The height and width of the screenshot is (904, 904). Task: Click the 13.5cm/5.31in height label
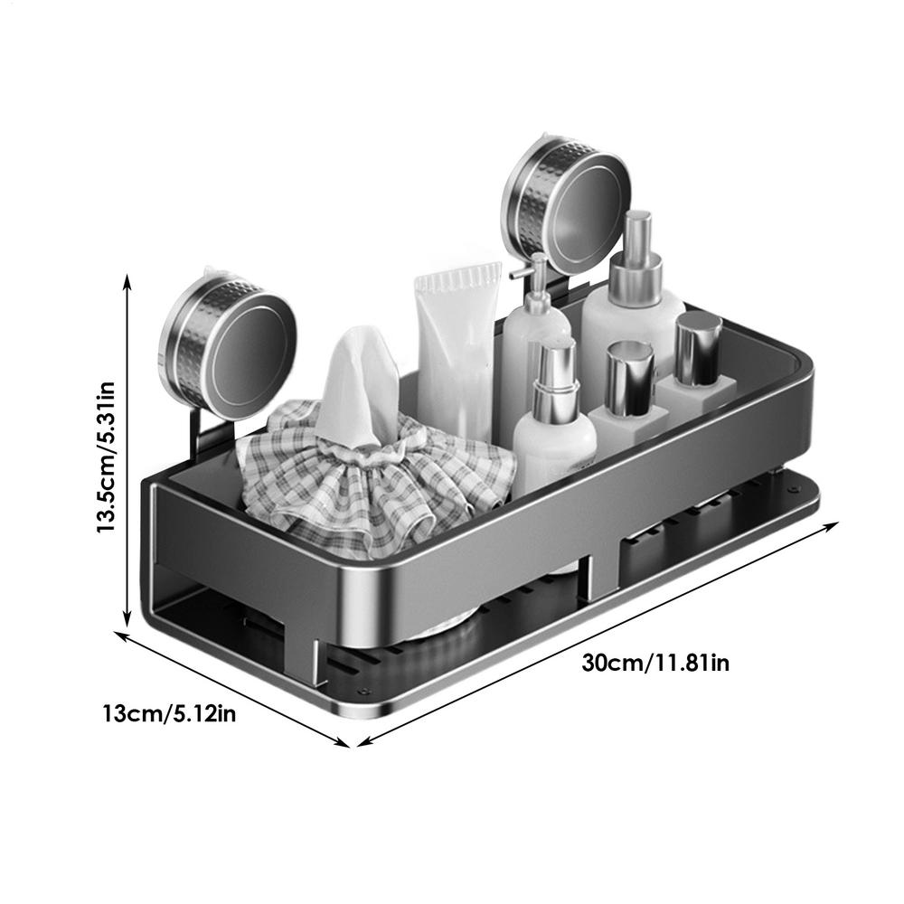point(107,457)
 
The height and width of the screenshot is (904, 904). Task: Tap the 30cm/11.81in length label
point(655,663)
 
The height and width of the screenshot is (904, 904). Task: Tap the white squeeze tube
point(457,348)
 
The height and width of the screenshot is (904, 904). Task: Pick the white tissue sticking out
point(360,384)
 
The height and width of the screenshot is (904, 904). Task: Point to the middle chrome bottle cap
point(630,375)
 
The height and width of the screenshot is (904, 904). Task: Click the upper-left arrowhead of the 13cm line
point(120,636)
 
